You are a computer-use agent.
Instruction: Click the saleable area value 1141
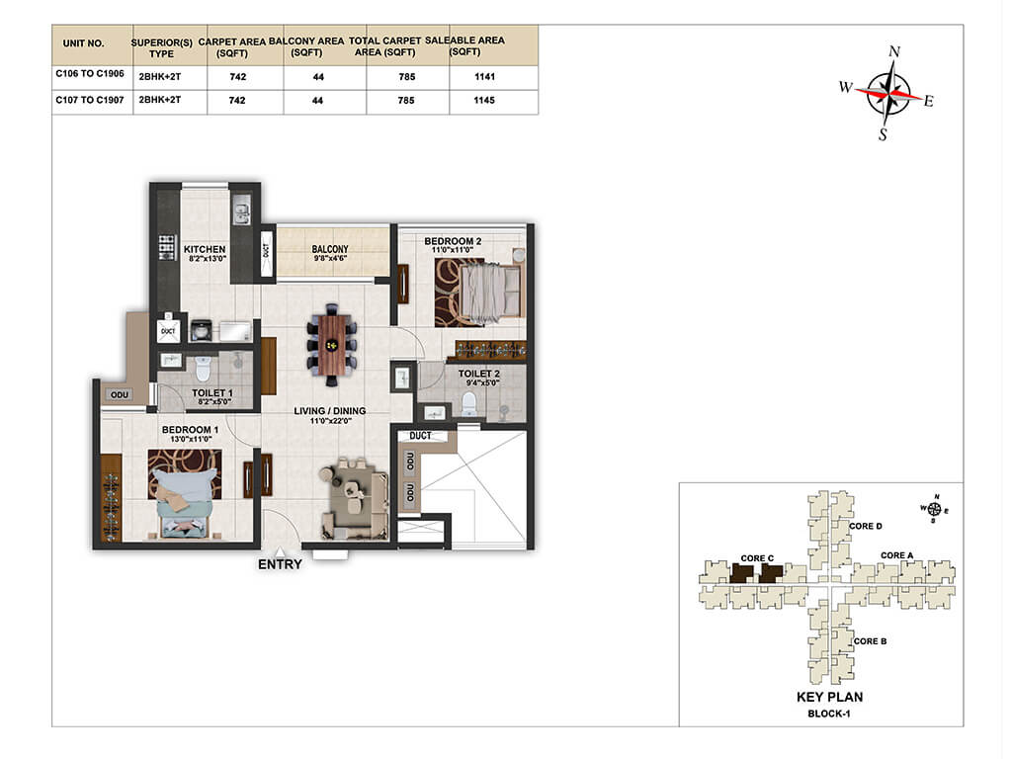[x=484, y=77]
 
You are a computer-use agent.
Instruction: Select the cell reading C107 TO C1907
[x=90, y=100]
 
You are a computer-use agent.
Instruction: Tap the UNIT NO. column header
[x=83, y=43]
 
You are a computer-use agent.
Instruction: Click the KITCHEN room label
[x=205, y=249]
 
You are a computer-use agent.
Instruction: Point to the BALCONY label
[x=330, y=249]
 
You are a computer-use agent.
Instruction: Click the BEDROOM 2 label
[x=453, y=241]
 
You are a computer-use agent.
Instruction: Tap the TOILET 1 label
[x=212, y=392]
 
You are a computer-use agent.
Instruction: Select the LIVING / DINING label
[x=330, y=410]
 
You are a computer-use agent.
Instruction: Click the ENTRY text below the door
[x=280, y=564]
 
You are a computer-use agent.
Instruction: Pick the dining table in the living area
[x=332, y=345]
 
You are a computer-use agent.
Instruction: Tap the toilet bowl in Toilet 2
[x=468, y=404]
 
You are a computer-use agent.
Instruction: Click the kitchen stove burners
[x=167, y=247]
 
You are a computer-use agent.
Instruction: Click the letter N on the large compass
[x=893, y=51]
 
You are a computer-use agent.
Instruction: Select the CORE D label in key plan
[x=866, y=526]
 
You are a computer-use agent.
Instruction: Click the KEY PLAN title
[x=829, y=697]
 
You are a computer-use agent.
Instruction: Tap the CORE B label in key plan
[x=870, y=640]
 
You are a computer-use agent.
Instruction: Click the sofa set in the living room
[x=354, y=499]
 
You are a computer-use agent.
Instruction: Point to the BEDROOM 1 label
[x=190, y=430]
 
